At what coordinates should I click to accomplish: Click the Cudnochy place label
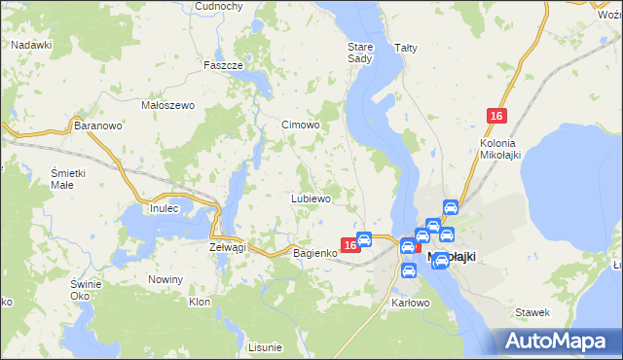pos(218,6)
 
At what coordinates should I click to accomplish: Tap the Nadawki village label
pos(31,45)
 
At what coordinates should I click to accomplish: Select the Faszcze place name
pos(222,65)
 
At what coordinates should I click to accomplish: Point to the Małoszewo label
pos(168,105)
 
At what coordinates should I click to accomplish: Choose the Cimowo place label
pos(301,125)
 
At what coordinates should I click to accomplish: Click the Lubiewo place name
pos(311,198)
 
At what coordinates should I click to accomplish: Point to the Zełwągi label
pos(228,247)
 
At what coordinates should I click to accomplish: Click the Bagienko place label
pos(315,252)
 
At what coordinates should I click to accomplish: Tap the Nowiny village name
pos(165,279)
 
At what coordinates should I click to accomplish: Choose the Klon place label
pos(200,303)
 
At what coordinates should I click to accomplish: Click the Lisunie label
pos(265,346)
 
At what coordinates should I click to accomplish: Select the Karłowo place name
pos(410,303)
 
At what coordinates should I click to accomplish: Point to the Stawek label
pos(532,312)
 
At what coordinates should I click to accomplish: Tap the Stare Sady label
pos(360,52)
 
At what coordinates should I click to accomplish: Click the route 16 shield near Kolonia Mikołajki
pos(496,117)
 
